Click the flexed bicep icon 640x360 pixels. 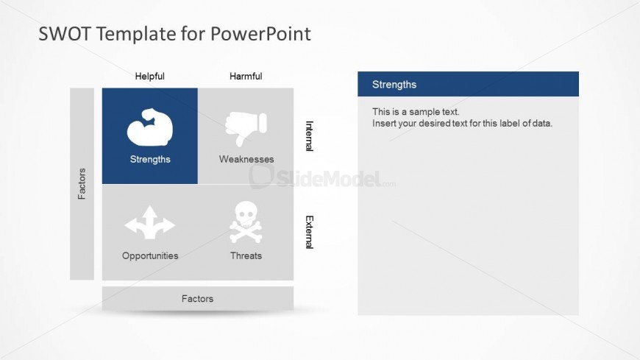(x=150, y=127)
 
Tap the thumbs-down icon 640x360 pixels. (x=246, y=128)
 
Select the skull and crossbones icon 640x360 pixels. (x=246, y=222)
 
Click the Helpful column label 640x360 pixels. (x=150, y=77)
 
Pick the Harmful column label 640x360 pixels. (x=246, y=77)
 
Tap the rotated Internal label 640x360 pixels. (x=310, y=136)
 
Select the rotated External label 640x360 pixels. (x=310, y=232)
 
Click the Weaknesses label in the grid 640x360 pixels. (x=246, y=159)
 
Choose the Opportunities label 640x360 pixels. (x=150, y=255)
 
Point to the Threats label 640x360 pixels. (x=246, y=255)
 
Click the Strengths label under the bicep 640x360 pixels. (x=150, y=159)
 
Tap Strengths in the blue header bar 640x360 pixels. (x=394, y=85)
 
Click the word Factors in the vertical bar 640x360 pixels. (x=82, y=184)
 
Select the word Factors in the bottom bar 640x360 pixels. (x=198, y=299)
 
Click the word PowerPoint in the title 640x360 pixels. (x=261, y=34)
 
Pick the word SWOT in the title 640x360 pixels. (x=64, y=34)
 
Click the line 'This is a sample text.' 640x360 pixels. (x=416, y=112)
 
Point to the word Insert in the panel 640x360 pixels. (x=384, y=124)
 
